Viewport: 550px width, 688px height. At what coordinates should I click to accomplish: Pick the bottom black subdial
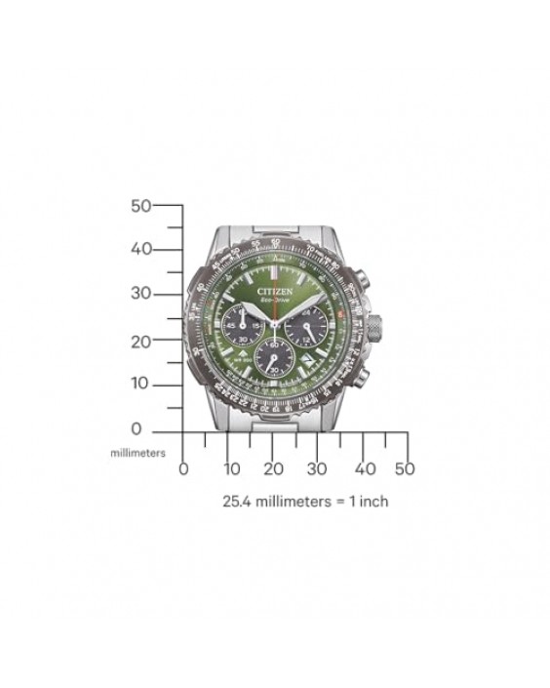coord(274,357)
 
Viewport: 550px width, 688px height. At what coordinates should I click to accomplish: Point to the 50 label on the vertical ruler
coord(141,206)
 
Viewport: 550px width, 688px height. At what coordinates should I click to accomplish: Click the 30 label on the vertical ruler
coord(141,294)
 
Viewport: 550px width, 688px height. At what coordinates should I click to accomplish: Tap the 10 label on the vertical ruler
coord(141,384)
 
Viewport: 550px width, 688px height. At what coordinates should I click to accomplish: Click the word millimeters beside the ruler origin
coord(137,453)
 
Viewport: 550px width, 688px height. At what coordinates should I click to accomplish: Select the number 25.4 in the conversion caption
coord(239,502)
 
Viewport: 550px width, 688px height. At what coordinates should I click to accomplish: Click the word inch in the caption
coord(374,502)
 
